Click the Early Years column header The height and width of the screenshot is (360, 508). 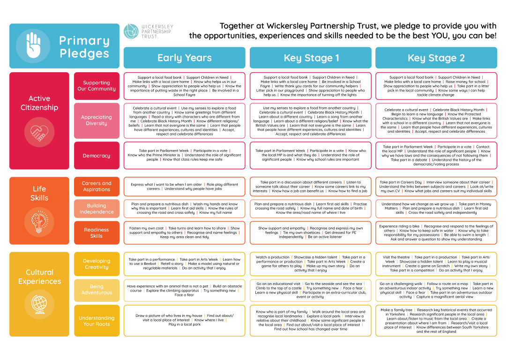click(x=184, y=58)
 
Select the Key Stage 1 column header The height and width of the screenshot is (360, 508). click(x=310, y=58)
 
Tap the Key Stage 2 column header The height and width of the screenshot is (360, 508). click(x=436, y=58)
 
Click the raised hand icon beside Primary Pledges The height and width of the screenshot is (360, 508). click(x=33, y=46)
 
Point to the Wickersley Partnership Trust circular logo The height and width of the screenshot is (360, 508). click(x=131, y=31)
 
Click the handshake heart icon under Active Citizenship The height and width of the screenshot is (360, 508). click(x=39, y=132)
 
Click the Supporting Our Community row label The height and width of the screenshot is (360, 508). click(x=97, y=86)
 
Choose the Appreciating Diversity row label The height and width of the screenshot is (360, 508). click(x=97, y=120)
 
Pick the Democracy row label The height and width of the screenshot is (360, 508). click(x=97, y=156)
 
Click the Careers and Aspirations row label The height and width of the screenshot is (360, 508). click(x=97, y=187)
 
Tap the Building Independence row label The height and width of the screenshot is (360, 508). click(x=97, y=209)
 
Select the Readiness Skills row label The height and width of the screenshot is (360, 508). click(x=97, y=233)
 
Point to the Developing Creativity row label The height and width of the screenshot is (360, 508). click(x=97, y=264)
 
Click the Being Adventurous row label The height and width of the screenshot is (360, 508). click(x=97, y=290)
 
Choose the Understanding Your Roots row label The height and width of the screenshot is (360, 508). click(x=97, y=321)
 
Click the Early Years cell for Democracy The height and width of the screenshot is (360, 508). click(x=184, y=155)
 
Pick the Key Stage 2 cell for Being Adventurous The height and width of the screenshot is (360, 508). click(x=436, y=290)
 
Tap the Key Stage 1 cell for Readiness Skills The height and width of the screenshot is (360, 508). click(x=310, y=233)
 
